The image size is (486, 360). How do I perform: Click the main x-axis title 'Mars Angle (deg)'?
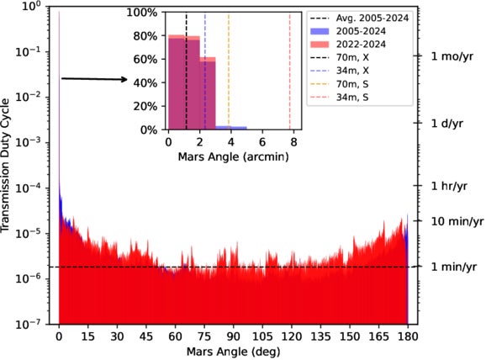(233, 351)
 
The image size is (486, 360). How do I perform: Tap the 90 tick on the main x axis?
(233, 335)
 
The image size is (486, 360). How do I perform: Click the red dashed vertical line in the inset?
(290, 71)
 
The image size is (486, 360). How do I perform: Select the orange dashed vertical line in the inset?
(229, 71)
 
